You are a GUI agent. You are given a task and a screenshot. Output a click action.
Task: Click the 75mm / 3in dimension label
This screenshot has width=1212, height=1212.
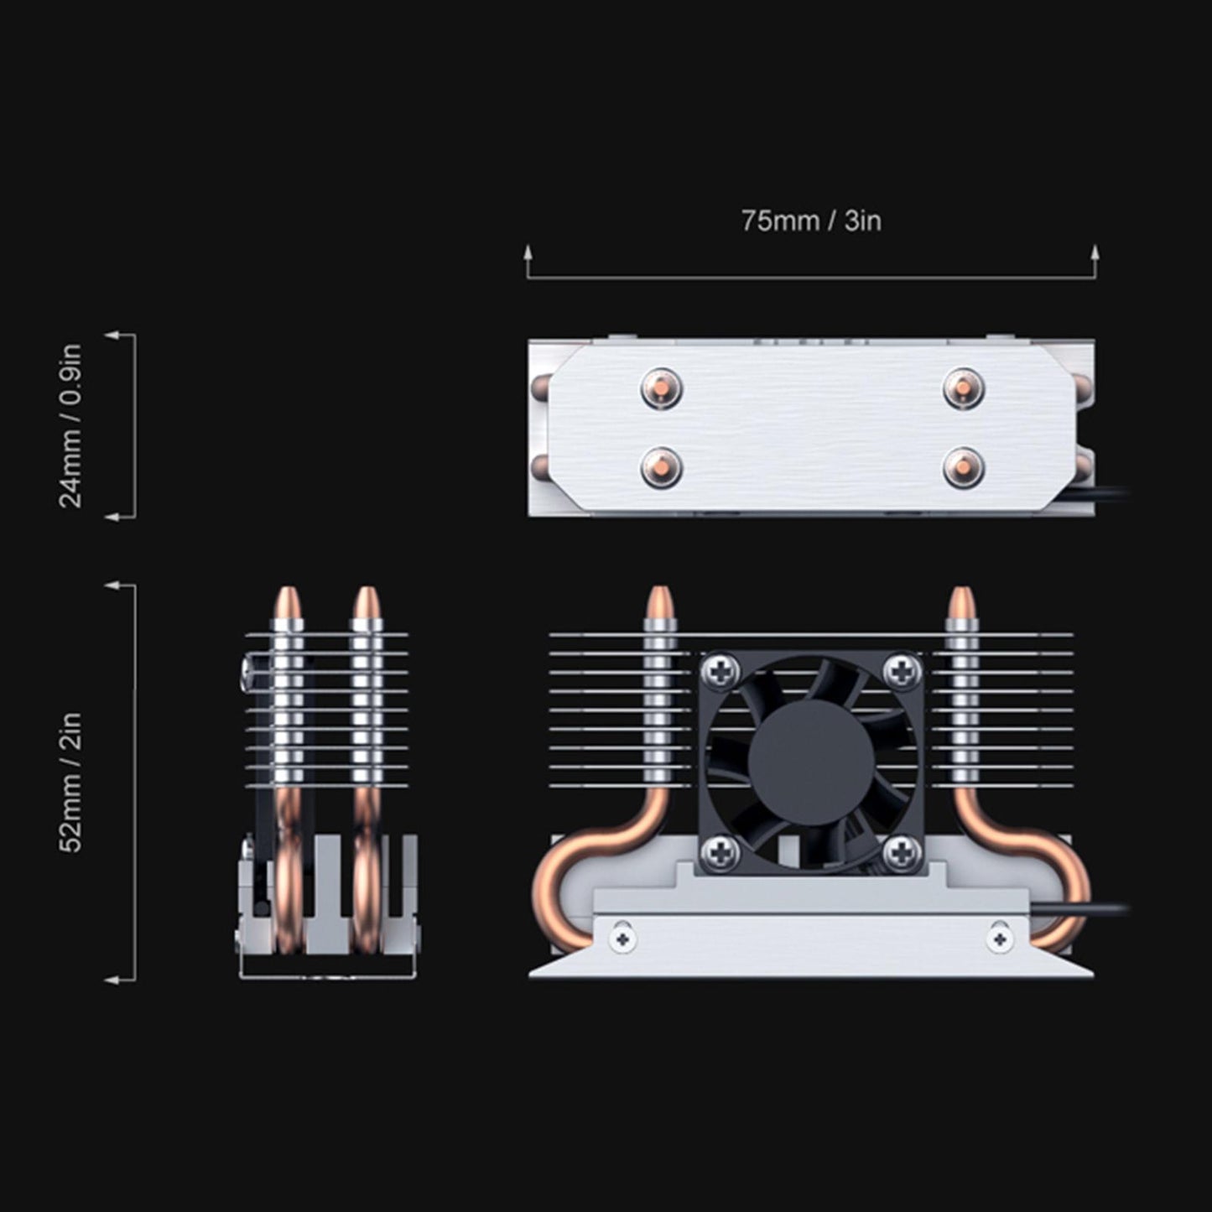point(810,221)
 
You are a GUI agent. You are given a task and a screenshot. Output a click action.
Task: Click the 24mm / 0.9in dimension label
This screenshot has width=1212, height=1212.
point(72,425)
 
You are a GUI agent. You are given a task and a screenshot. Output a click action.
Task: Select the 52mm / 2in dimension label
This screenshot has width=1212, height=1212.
point(72,782)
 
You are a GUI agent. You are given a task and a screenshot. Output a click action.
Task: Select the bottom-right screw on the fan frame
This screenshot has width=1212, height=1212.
point(902,853)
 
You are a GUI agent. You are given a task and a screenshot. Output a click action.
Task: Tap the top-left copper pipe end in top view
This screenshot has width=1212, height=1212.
point(661,388)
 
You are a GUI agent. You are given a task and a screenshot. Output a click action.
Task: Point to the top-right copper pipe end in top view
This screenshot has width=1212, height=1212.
point(963,388)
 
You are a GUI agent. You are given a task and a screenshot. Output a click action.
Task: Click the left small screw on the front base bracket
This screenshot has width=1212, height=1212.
point(622,939)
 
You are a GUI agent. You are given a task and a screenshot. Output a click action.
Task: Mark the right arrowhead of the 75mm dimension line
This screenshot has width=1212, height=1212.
point(1094,252)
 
